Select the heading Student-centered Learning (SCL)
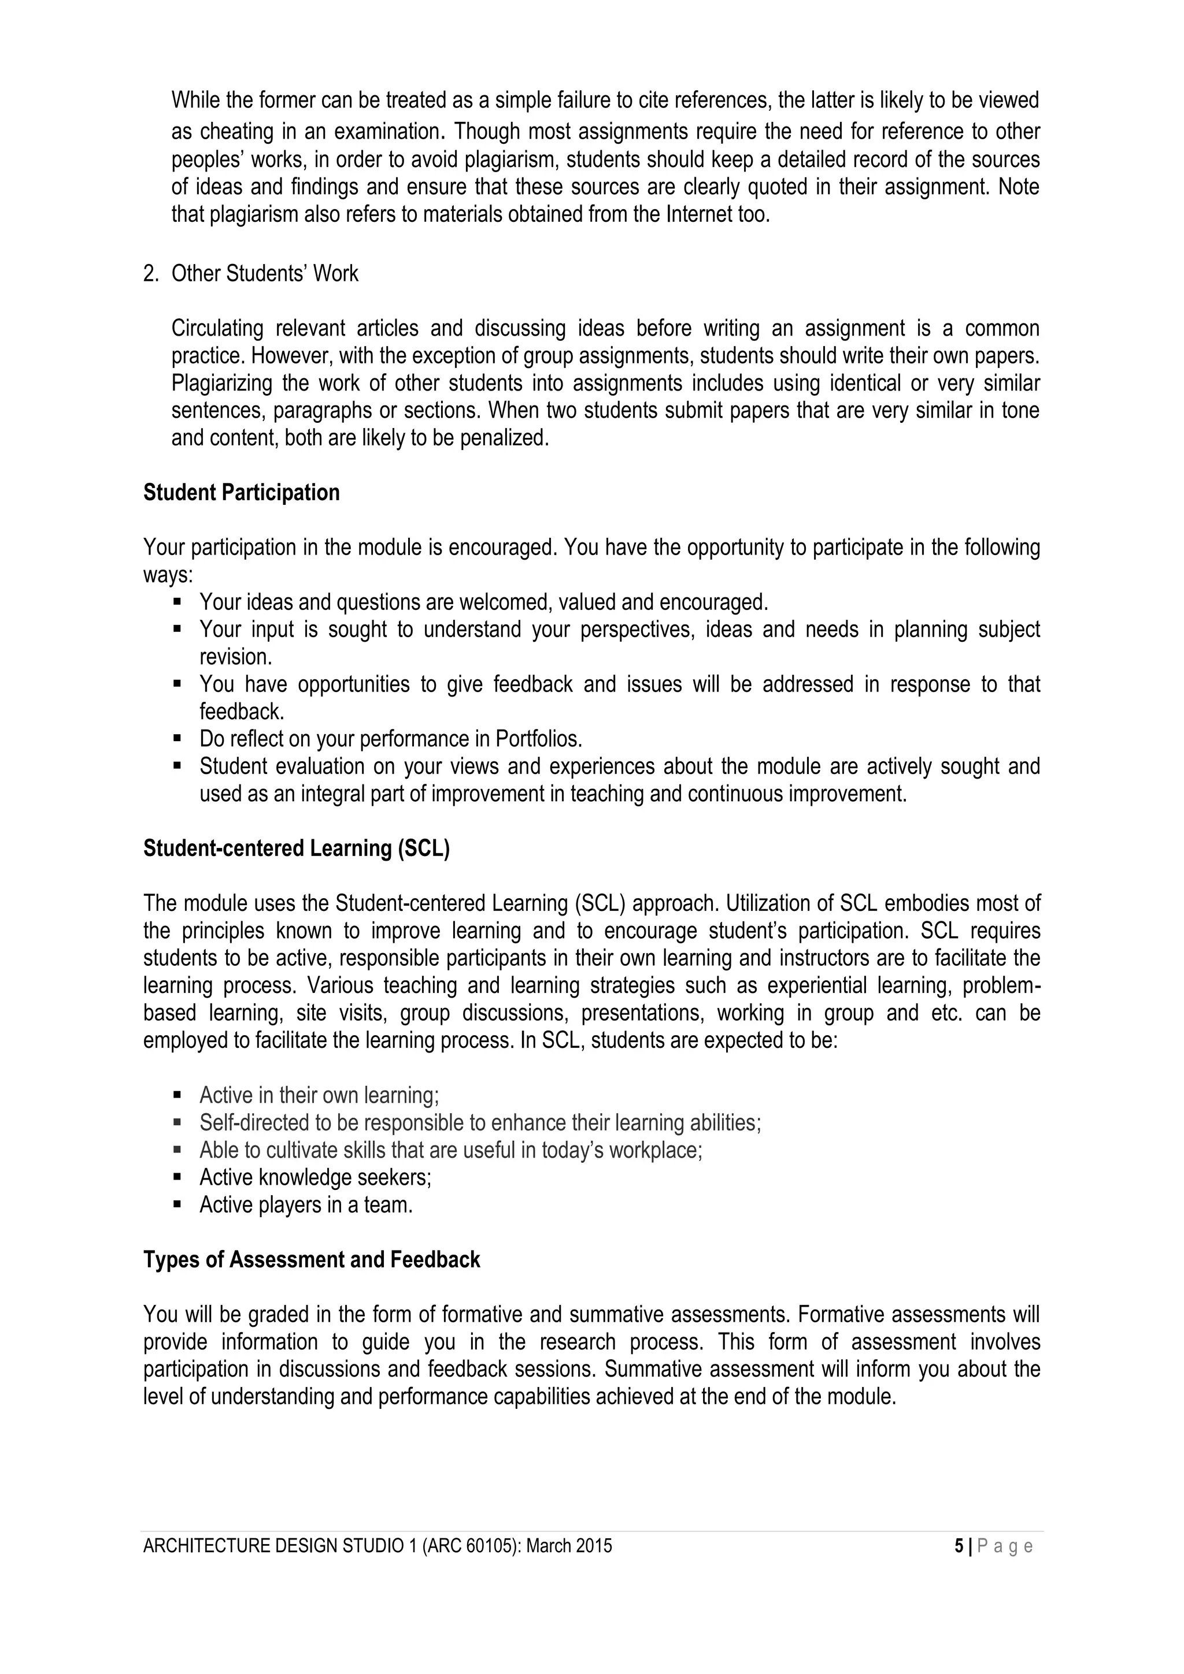tap(296, 849)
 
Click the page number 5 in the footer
tap(958, 1546)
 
